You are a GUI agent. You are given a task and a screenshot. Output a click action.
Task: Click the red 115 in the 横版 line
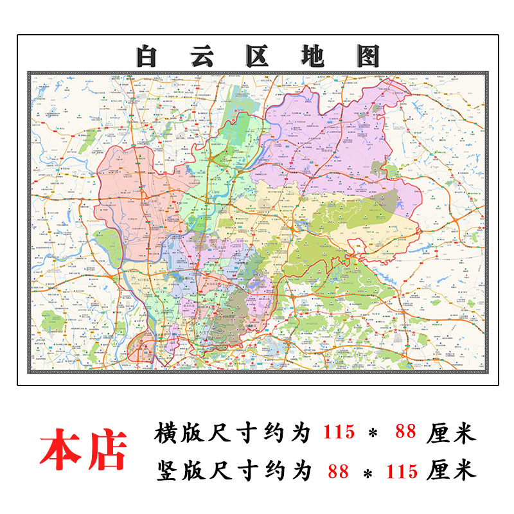click(339, 432)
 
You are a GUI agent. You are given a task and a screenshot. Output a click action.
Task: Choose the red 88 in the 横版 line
click(406, 432)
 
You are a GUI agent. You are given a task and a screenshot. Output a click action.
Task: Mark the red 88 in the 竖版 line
click(338, 471)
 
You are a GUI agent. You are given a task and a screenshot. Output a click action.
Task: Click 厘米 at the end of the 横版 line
click(451, 432)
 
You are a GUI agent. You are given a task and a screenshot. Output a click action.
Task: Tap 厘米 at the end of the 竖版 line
click(451, 471)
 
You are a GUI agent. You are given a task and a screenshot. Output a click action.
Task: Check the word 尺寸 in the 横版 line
click(239, 432)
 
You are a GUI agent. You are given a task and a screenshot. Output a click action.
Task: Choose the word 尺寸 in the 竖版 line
click(239, 471)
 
